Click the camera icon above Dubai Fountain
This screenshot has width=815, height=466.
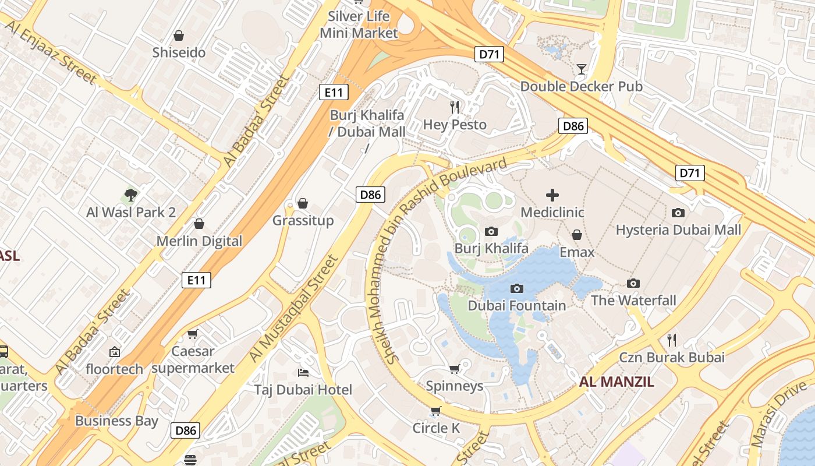pyautogui.click(x=516, y=288)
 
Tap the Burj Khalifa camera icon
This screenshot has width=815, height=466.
pyautogui.click(x=491, y=232)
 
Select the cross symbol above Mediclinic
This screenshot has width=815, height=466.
pyautogui.click(x=552, y=195)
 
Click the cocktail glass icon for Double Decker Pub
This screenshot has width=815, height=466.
pyautogui.click(x=581, y=69)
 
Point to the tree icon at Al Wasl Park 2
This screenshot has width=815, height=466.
pyautogui.click(x=131, y=195)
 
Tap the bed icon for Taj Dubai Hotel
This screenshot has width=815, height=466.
pyautogui.click(x=303, y=372)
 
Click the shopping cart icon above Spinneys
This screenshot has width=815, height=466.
pyautogui.click(x=455, y=369)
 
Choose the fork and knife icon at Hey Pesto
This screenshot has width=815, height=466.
pyautogui.click(x=455, y=107)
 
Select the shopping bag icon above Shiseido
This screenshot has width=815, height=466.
pyautogui.click(x=179, y=36)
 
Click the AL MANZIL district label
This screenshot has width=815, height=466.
pyautogui.click(x=616, y=382)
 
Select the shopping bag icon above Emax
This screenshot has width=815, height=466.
pyautogui.click(x=577, y=235)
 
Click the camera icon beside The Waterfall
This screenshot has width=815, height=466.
pyautogui.click(x=633, y=283)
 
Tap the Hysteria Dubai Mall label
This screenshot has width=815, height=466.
pyautogui.click(x=678, y=230)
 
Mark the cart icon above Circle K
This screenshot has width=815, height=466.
pyautogui.click(x=435, y=411)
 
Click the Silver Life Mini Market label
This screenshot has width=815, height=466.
pyautogui.click(x=359, y=24)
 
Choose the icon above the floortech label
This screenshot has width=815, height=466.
pyautogui.click(x=114, y=352)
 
